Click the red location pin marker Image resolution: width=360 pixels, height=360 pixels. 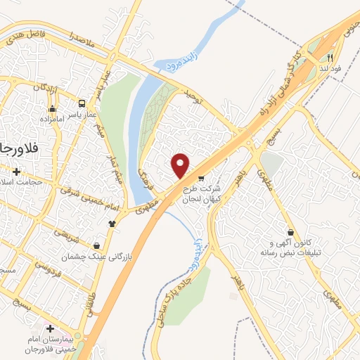coord(181,165)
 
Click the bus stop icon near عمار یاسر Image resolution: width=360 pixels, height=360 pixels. coord(83,103)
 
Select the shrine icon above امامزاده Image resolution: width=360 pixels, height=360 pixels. coord(51,109)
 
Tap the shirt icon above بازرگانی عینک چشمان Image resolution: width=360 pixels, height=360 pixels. coord(112,224)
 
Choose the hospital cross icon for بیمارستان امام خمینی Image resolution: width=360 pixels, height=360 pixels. coord(49,328)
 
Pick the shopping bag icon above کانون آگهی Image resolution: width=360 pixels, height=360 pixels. coord(290,232)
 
